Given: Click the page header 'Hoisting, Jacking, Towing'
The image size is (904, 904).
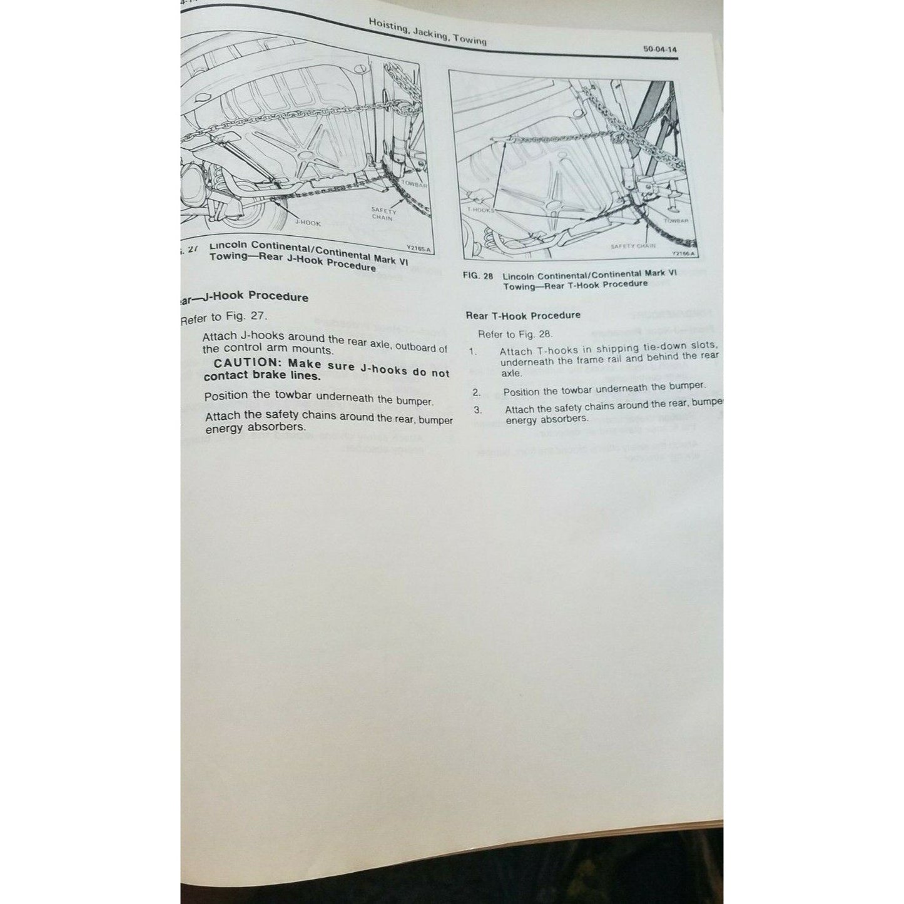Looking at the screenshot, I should (427, 32).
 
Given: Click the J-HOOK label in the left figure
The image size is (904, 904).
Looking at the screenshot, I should (308, 223).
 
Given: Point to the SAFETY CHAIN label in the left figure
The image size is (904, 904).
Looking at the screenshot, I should (382, 214).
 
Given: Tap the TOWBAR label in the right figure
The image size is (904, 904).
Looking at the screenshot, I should (676, 221).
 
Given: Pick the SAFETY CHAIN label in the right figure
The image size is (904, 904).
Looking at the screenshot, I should (632, 246).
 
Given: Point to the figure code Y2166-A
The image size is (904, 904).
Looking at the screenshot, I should (684, 254).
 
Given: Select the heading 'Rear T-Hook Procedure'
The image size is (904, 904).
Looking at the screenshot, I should (523, 315).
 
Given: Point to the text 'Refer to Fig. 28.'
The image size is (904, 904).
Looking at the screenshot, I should (515, 334).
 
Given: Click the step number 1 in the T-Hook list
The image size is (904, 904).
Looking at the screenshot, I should (473, 352).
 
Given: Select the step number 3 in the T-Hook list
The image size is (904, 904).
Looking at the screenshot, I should (478, 410).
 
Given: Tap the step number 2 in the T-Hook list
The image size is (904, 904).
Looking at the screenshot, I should (476, 392).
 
